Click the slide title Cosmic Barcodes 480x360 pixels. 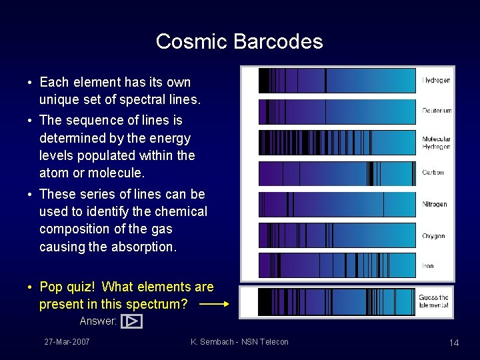[x=239, y=41]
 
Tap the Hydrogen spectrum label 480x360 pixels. [x=437, y=81]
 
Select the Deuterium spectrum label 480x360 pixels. [x=437, y=111]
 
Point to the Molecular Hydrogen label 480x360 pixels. [x=436, y=143]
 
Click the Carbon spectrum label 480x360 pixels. [x=433, y=173]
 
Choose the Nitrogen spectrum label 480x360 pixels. [x=435, y=204]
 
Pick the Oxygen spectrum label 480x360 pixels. [x=433, y=236]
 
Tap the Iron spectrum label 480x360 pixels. [x=428, y=266]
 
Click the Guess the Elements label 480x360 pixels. [x=433, y=301]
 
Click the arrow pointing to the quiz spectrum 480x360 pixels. [x=213, y=304]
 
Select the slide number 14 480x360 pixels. [x=454, y=343]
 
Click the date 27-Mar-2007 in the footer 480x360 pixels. [x=67, y=342]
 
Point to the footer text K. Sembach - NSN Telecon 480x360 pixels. [x=239, y=342]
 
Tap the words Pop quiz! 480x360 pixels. [x=67, y=287]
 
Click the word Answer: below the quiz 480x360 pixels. [x=98, y=321]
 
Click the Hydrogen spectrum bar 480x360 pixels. [x=337, y=81]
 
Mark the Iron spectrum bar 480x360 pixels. [x=337, y=265]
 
